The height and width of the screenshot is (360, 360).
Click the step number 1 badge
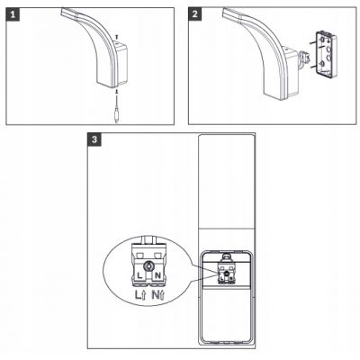tap(13, 14)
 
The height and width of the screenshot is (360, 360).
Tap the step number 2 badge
tap(195, 14)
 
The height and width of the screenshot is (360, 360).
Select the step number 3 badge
tap(94, 139)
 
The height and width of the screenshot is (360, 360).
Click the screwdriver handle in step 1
tap(116, 116)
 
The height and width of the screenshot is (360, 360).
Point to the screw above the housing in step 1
tap(117, 36)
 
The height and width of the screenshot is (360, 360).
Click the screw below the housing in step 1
tap(117, 91)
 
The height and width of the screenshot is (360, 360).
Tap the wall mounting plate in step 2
tap(326, 55)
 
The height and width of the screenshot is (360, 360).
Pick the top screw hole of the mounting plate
tap(322, 40)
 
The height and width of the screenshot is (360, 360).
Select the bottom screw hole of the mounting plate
tap(322, 63)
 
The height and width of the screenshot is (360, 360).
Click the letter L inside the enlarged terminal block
tap(139, 275)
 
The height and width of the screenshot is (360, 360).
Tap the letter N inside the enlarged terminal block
tap(157, 275)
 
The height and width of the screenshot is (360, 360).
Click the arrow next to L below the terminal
tap(143, 296)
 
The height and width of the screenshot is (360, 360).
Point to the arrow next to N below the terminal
tap(162, 296)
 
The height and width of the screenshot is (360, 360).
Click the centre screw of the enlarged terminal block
tap(148, 265)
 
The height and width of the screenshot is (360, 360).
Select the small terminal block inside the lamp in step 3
tap(226, 274)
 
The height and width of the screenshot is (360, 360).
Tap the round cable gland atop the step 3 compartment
tap(226, 257)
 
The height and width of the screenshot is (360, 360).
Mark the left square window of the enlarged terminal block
tap(139, 256)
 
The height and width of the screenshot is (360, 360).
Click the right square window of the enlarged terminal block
tap(157, 256)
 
